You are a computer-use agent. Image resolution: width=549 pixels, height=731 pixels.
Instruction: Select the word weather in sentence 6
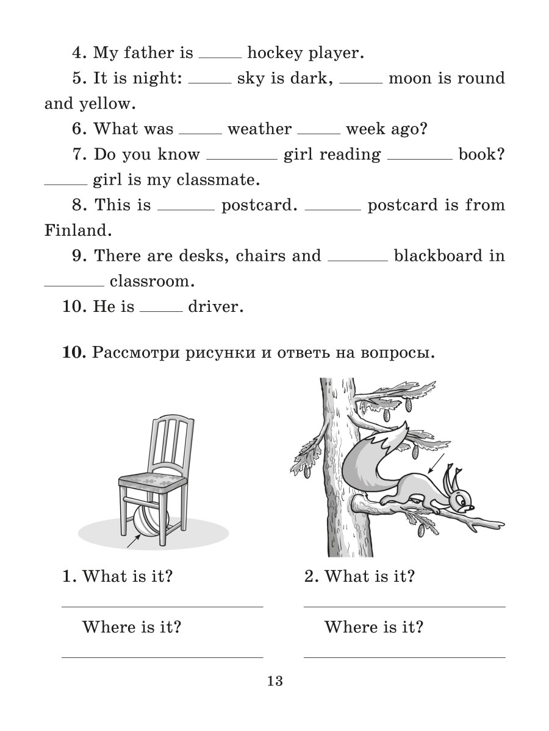pyautogui.click(x=259, y=129)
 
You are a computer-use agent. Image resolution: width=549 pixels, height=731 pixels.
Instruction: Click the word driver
pyautogui.click(x=215, y=306)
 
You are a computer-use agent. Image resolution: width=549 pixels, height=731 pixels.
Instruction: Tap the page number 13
pyautogui.click(x=274, y=681)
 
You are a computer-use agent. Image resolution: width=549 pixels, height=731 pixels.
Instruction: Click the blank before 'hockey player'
pyautogui.click(x=220, y=57)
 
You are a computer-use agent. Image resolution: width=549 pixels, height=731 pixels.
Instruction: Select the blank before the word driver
pyautogui.click(x=161, y=311)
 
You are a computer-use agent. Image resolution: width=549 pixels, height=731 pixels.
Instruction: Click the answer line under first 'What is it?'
pyautogui.click(x=162, y=606)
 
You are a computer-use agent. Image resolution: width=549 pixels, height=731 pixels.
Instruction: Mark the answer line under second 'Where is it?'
pyautogui.click(x=404, y=657)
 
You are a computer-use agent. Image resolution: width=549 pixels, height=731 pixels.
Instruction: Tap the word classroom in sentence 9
pyautogui.click(x=152, y=281)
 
